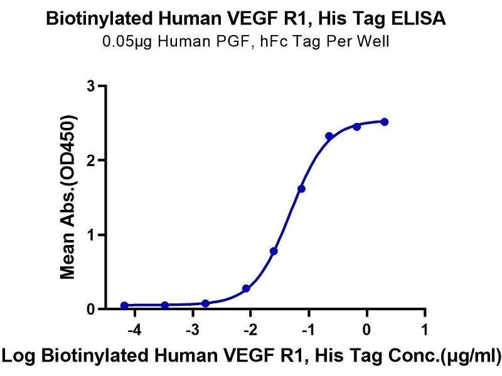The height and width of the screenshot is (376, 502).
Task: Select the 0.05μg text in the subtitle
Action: [x=121, y=43]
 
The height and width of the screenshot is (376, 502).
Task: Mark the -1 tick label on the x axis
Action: [x=307, y=330]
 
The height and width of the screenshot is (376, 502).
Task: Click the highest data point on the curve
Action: [x=385, y=122]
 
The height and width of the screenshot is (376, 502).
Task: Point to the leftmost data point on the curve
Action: [x=124, y=306]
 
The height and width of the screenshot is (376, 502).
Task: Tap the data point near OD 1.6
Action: [x=301, y=189]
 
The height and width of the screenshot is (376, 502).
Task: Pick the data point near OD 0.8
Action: [x=274, y=251]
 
